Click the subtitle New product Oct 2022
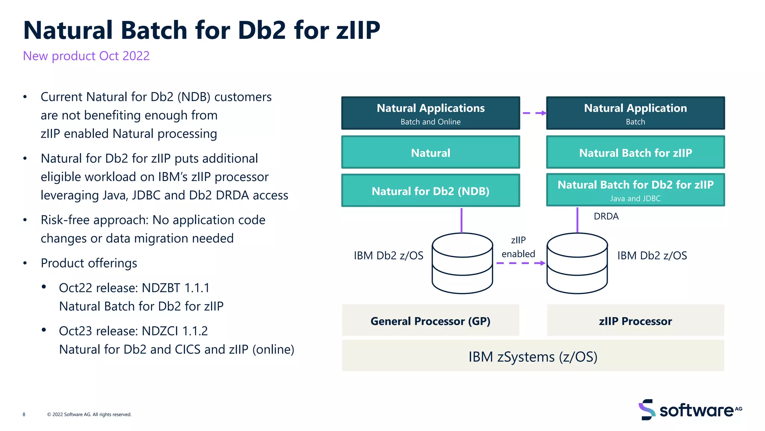pyautogui.click(x=86, y=56)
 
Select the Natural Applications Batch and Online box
pyautogui.click(x=430, y=113)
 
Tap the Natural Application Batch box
pyautogui.click(x=635, y=113)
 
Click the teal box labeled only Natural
pyautogui.click(x=430, y=153)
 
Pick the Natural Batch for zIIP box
pyautogui.click(x=635, y=153)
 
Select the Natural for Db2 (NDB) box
pyautogui.click(x=430, y=191)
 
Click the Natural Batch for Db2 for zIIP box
pyautogui.click(x=635, y=190)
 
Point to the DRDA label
pyautogui.click(x=606, y=216)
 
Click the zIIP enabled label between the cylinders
pyautogui.click(x=518, y=247)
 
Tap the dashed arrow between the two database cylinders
pyautogui.click(x=520, y=263)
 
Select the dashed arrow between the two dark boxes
pyautogui.click(x=534, y=113)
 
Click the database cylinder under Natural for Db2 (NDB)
pyautogui.click(x=462, y=263)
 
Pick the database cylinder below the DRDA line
pyautogui.click(x=577, y=263)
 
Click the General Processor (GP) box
pyautogui.click(x=430, y=321)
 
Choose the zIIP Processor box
pyautogui.click(x=635, y=321)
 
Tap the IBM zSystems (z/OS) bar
pyautogui.click(x=533, y=356)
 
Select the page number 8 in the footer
pyautogui.click(x=24, y=414)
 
